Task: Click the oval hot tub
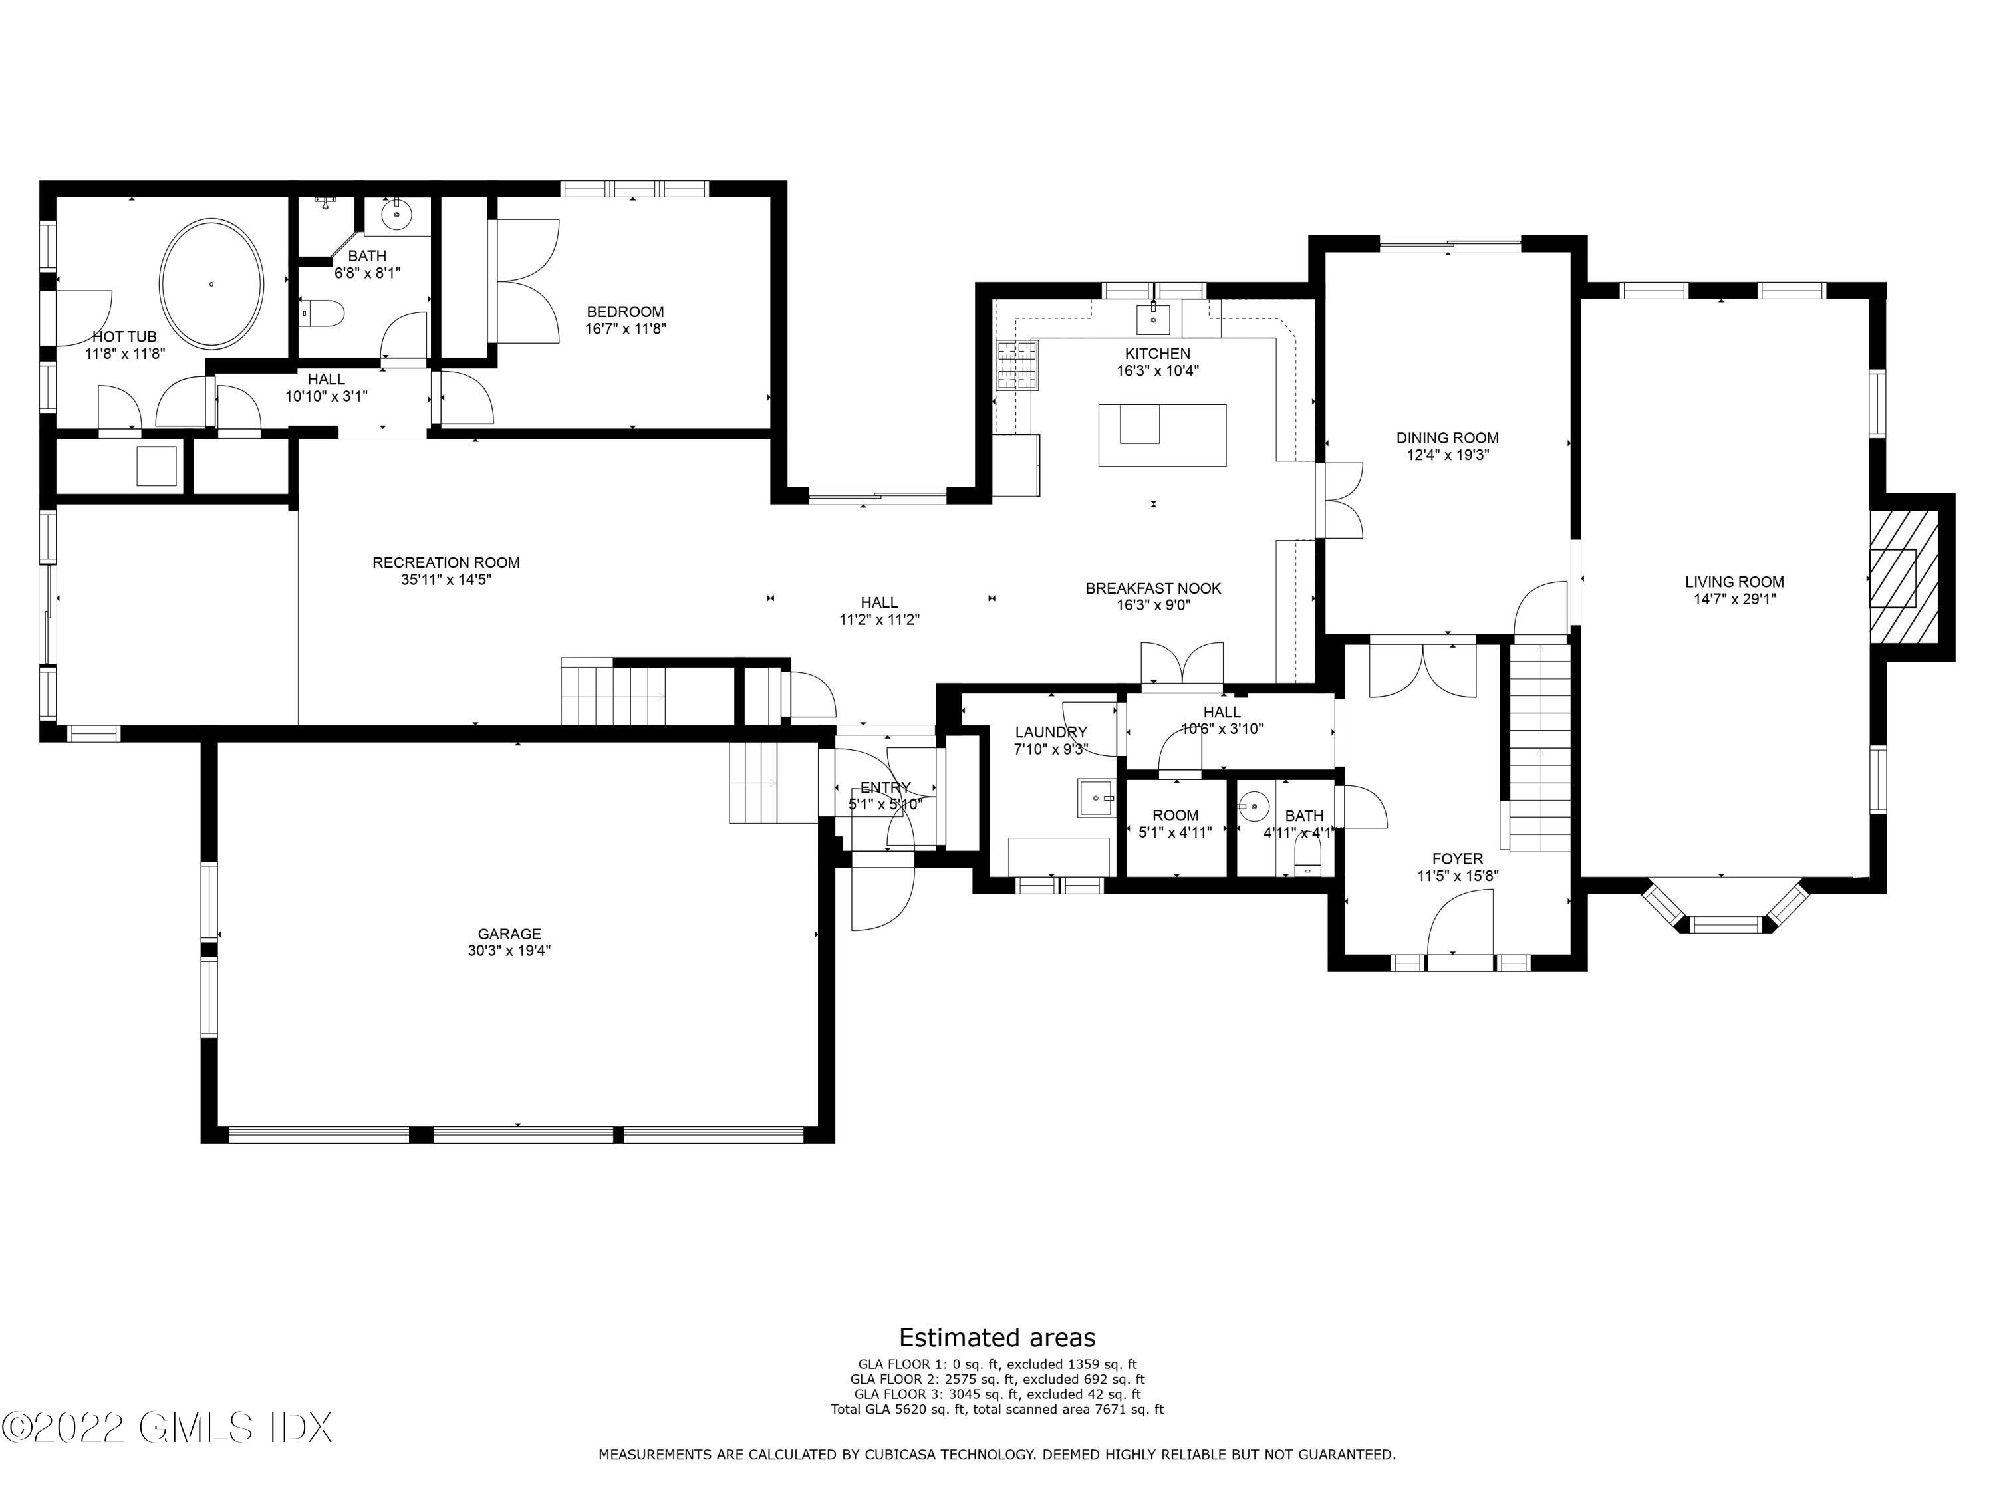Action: pos(212,283)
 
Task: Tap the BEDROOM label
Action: pos(624,312)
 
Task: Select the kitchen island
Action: pos(1162,435)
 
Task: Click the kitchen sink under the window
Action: pos(1154,317)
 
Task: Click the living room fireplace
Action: pos(1903,578)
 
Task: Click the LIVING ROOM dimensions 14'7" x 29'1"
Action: pos(1734,599)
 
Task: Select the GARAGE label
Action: pos(509,934)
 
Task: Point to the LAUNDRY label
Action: pos(1051,732)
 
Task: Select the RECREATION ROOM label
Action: pos(446,562)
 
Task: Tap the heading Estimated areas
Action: pos(997,1337)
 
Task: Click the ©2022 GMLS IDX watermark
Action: pos(167,1428)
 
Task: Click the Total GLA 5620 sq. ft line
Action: pos(997,1410)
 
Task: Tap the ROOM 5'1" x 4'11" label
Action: pos(1175,815)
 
